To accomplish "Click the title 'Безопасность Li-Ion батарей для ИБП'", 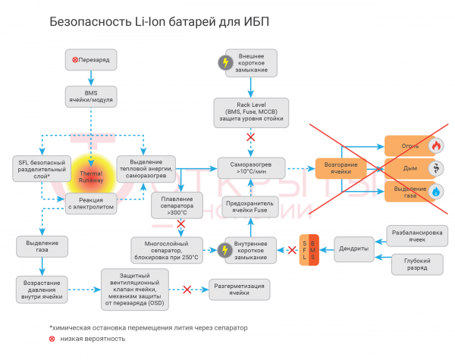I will pyautogui.click(x=158, y=23).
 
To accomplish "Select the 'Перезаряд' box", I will pyautogui.click(x=91, y=59).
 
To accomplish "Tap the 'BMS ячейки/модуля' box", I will pyautogui.click(x=91, y=97).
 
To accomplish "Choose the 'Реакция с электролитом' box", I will pyautogui.click(x=91, y=201).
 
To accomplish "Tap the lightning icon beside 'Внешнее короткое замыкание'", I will pyautogui.click(x=225, y=62).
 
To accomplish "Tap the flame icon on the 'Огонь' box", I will pyautogui.click(x=435, y=146).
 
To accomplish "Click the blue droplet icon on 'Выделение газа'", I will pyautogui.click(x=435, y=192).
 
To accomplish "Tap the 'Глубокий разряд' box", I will pyautogui.click(x=412, y=264).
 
